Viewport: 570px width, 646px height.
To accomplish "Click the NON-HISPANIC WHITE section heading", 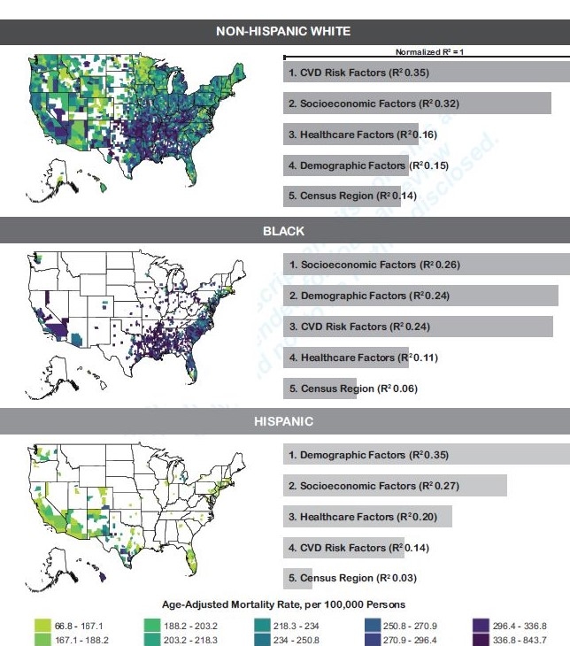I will (x=284, y=31).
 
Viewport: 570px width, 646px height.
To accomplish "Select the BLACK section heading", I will (x=284, y=231).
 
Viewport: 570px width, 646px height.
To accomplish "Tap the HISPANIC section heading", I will (x=284, y=421).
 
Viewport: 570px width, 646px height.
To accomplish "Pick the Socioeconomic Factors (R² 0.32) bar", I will (x=417, y=104).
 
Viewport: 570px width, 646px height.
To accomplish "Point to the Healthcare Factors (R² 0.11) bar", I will (x=346, y=358).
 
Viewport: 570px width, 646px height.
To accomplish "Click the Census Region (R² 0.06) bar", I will (x=320, y=388).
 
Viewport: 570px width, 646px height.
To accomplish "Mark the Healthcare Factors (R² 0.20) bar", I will (x=367, y=517).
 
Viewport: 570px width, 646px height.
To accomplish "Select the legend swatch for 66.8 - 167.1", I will (x=42, y=625).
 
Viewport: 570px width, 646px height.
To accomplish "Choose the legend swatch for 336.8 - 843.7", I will (x=481, y=640).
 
